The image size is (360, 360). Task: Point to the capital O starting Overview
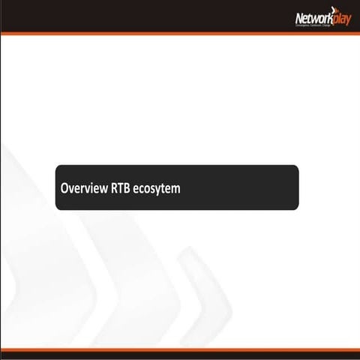(65, 188)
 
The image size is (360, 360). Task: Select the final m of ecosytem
(176, 189)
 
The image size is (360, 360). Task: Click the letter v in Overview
(73, 189)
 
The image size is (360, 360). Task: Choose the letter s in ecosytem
(153, 189)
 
